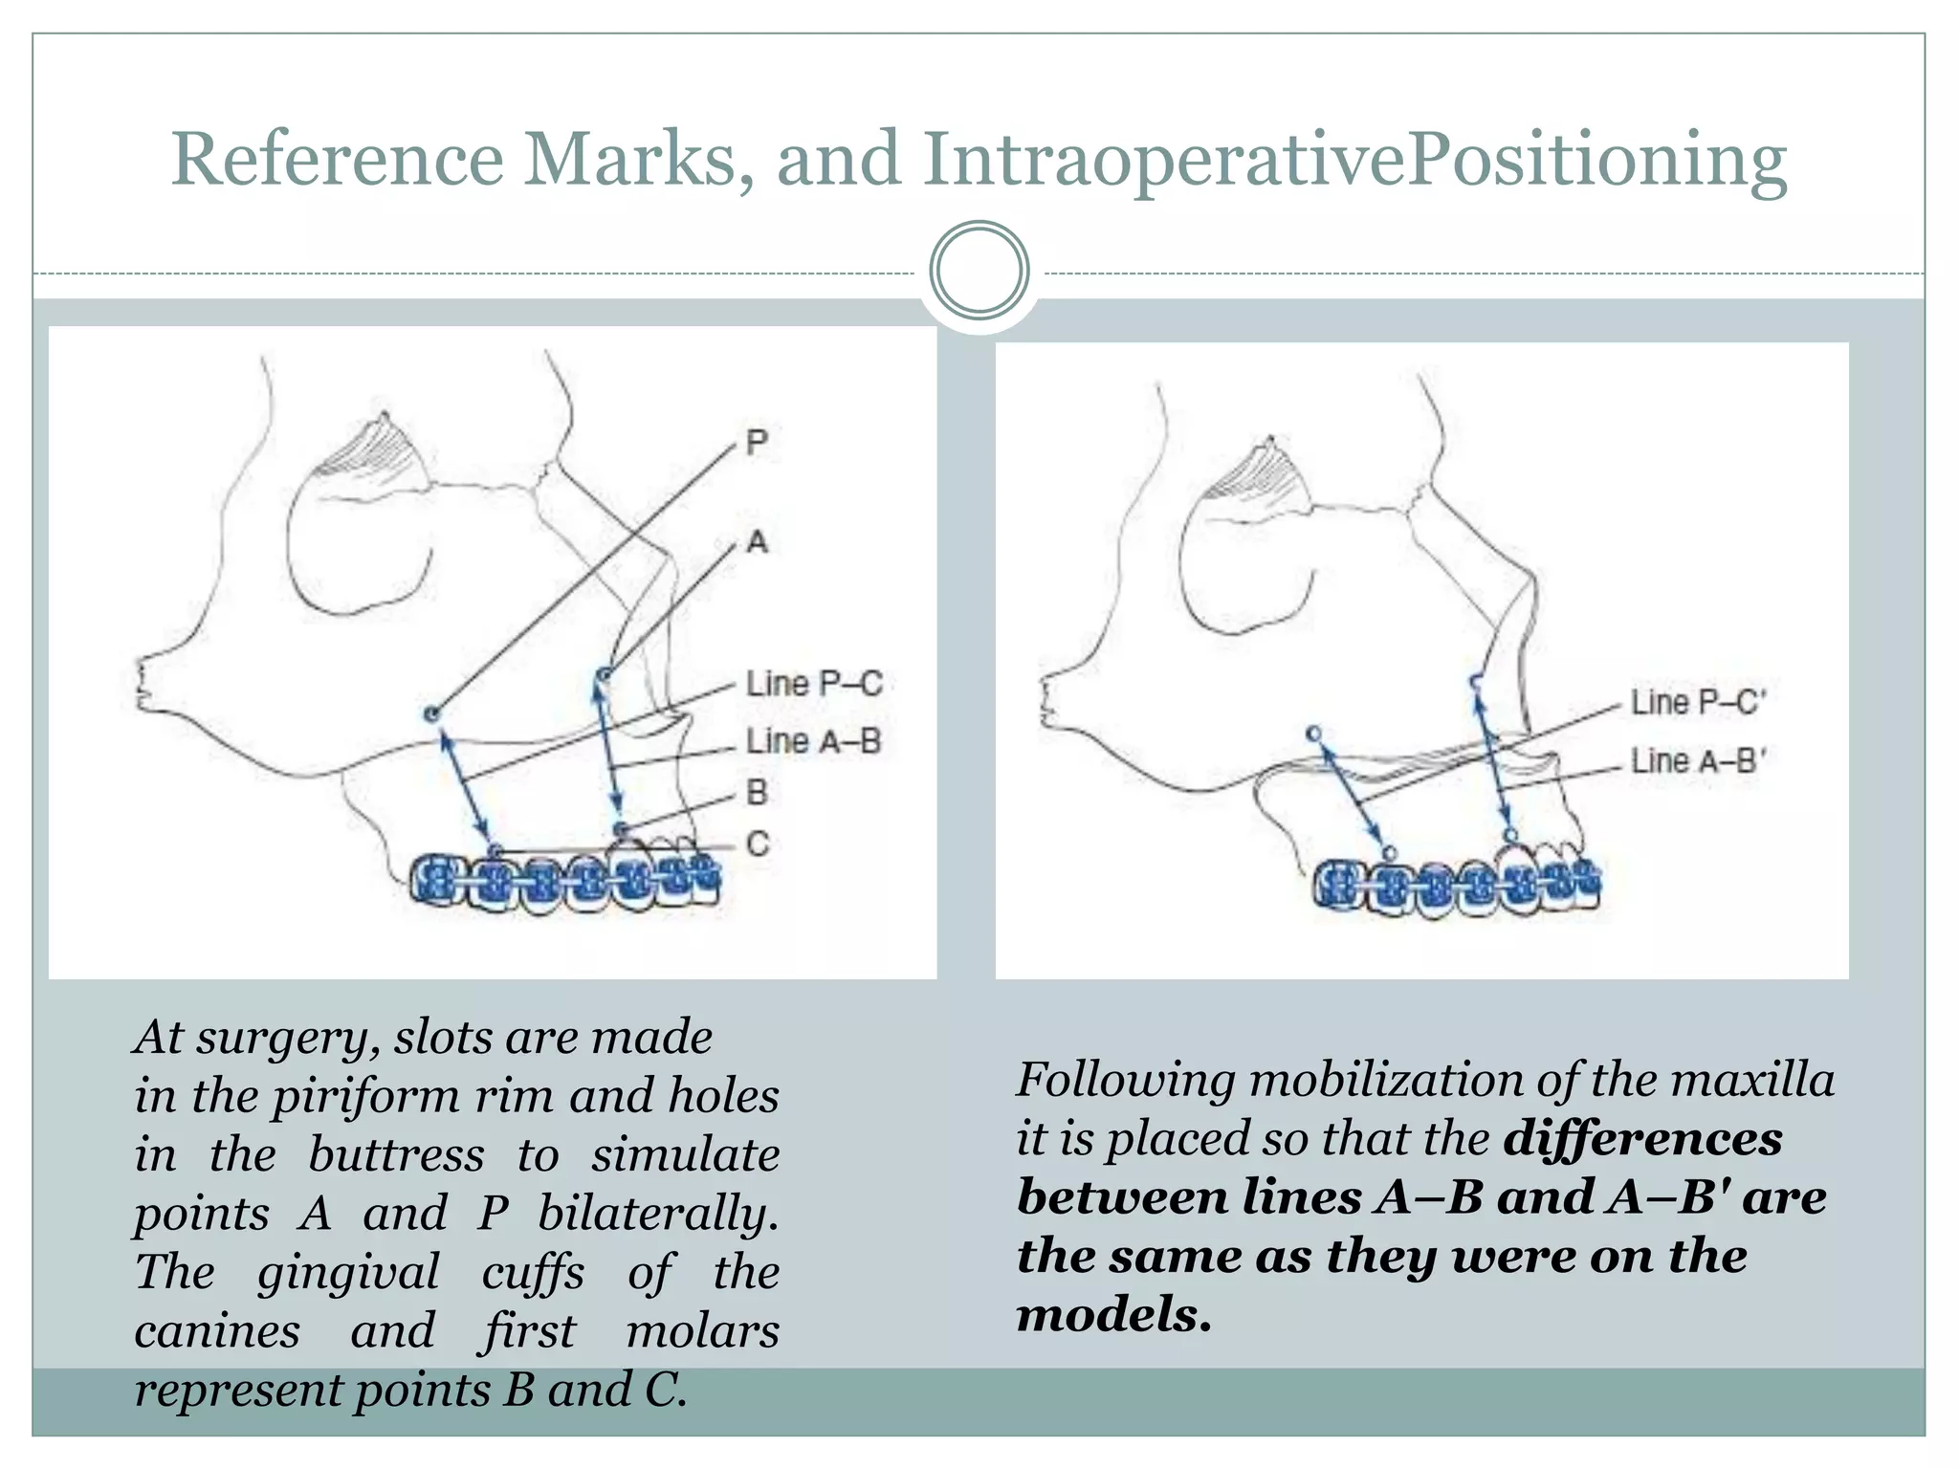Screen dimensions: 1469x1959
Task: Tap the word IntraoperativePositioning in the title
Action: click(1354, 161)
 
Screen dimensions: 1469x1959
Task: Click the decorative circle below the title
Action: click(979, 271)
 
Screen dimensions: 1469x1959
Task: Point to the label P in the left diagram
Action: click(757, 443)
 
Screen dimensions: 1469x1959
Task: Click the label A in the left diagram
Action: click(757, 542)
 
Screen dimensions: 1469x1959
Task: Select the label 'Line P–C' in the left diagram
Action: click(813, 684)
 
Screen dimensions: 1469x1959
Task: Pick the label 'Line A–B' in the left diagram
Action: click(813, 741)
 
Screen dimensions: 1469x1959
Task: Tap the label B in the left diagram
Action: click(757, 793)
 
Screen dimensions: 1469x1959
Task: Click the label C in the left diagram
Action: click(757, 844)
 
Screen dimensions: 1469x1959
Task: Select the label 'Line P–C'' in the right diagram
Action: click(1698, 702)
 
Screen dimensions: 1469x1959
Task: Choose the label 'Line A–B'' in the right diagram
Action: click(1698, 761)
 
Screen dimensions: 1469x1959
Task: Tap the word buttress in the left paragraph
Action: click(396, 1155)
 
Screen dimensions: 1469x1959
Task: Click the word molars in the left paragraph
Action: click(702, 1331)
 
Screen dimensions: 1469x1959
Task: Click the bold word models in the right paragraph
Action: click(1113, 1315)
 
